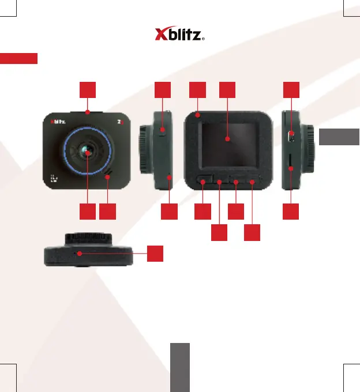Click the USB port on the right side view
click(x=291, y=137)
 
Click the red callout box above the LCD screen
click(x=228, y=89)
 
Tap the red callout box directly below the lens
click(x=88, y=212)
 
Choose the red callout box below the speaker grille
click(x=107, y=212)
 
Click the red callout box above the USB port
click(x=291, y=89)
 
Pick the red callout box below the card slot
click(x=291, y=212)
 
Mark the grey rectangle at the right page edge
click(x=339, y=137)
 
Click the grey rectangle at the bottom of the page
click(x=180, y=367)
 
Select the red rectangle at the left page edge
click(x=19, y=59)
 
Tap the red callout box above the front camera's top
click(x=88, y=89)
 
